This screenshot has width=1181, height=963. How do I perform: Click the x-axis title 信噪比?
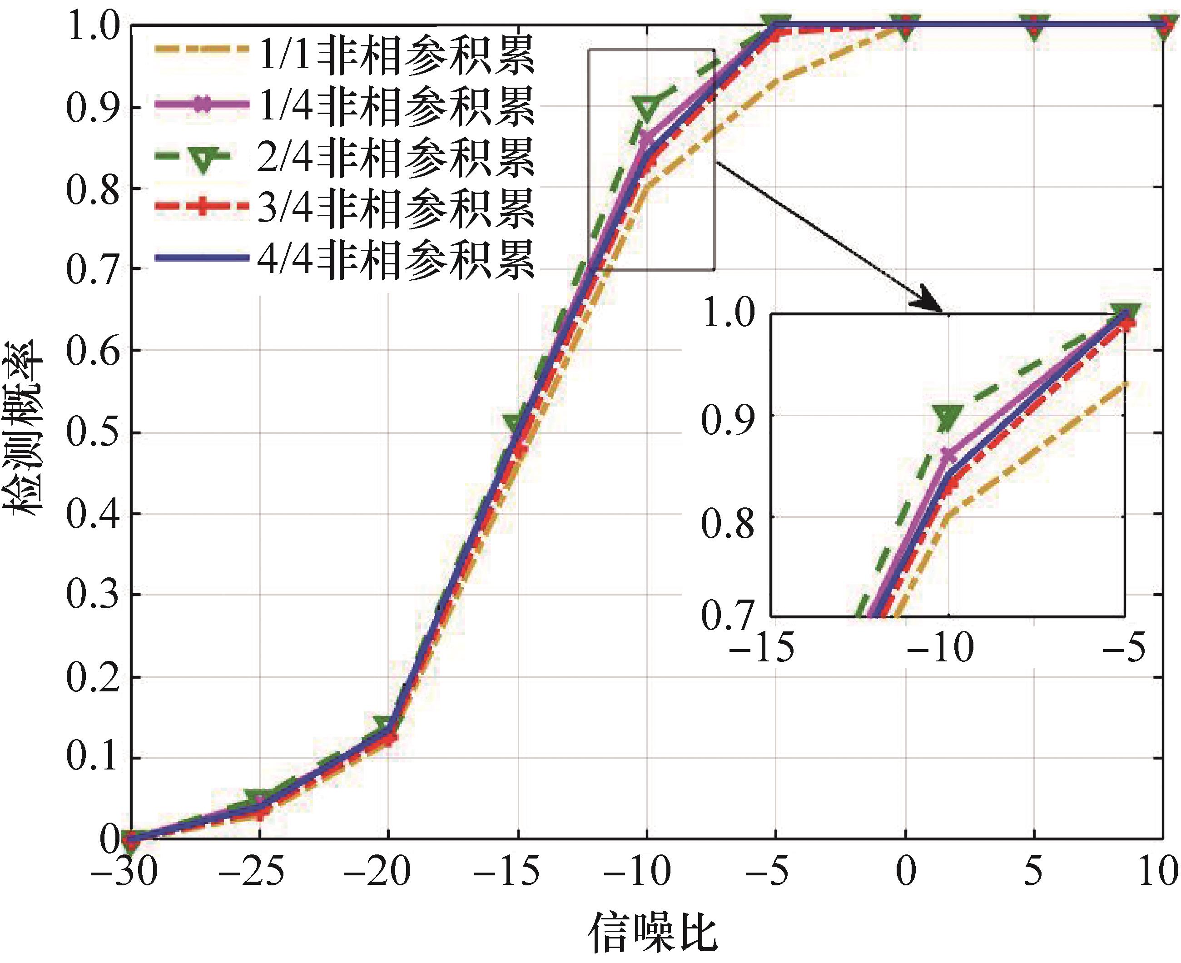click(x=652, y=933)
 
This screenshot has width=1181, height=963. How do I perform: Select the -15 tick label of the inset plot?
click(x=762, y=647)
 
